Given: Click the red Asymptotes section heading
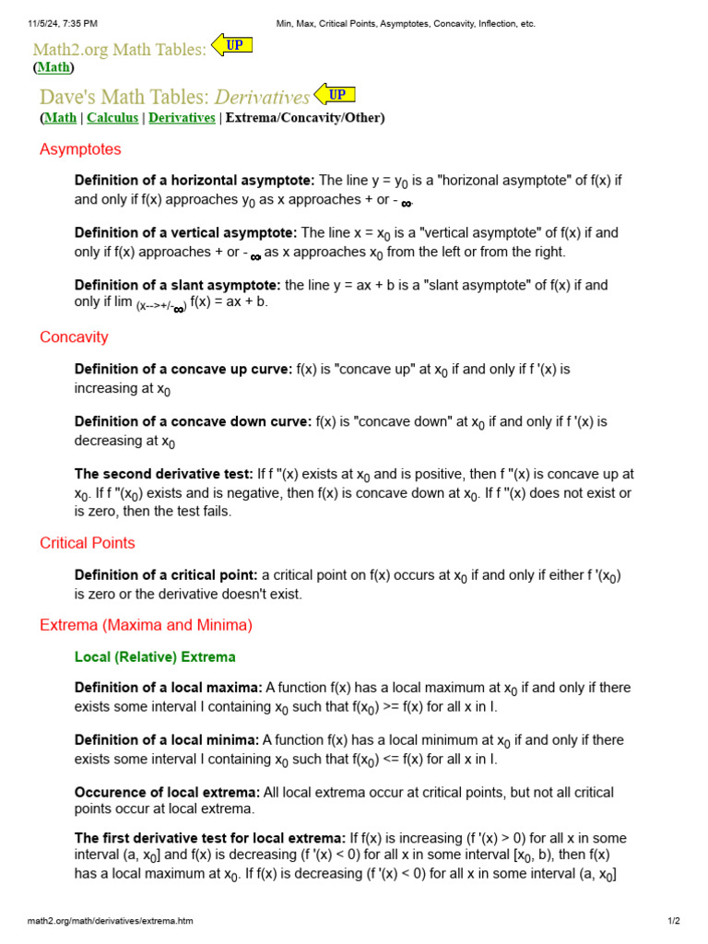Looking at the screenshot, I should point(80,149).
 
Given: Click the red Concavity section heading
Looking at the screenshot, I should point(74,337).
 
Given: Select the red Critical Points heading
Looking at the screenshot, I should point(88,543).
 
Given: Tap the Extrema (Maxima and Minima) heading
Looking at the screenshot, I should point(146,625).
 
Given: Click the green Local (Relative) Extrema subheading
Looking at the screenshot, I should point(155,657).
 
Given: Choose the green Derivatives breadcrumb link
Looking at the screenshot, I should point(182,118).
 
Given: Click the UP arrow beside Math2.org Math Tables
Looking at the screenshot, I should point(232,44).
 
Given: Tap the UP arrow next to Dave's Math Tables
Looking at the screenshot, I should point(335,94).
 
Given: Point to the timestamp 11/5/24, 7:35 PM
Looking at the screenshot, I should point(63,23).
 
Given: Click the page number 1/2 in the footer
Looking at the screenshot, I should point(674,921).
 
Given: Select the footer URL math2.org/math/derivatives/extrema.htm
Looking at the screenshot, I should point(111,921).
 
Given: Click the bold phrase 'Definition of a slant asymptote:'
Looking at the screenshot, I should point(178,286).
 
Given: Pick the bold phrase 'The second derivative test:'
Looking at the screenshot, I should point(164,474).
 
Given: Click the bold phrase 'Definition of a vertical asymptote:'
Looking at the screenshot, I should point(185,233).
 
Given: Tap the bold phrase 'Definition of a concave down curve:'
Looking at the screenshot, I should point(193,422).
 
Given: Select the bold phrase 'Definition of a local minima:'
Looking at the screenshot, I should point(166,740).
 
